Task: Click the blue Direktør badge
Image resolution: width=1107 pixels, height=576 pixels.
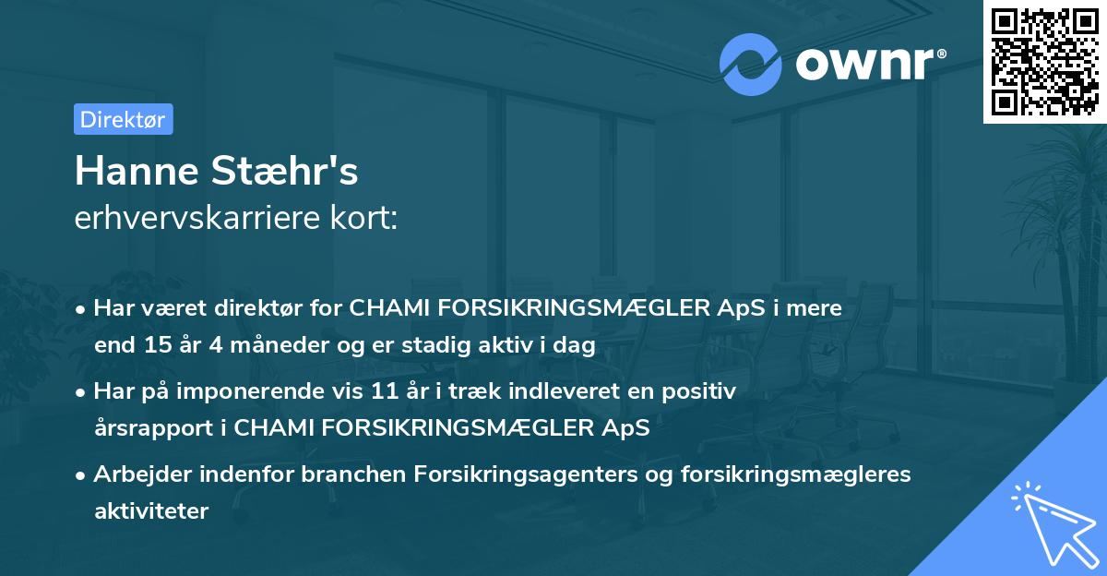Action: [x=123, y=119]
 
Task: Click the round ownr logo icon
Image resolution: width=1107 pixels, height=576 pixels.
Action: [x=751, y=64]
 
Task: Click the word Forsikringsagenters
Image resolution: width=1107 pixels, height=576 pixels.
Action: [x=508, y=474]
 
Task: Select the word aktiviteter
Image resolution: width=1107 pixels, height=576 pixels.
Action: [x=151, y=510]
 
